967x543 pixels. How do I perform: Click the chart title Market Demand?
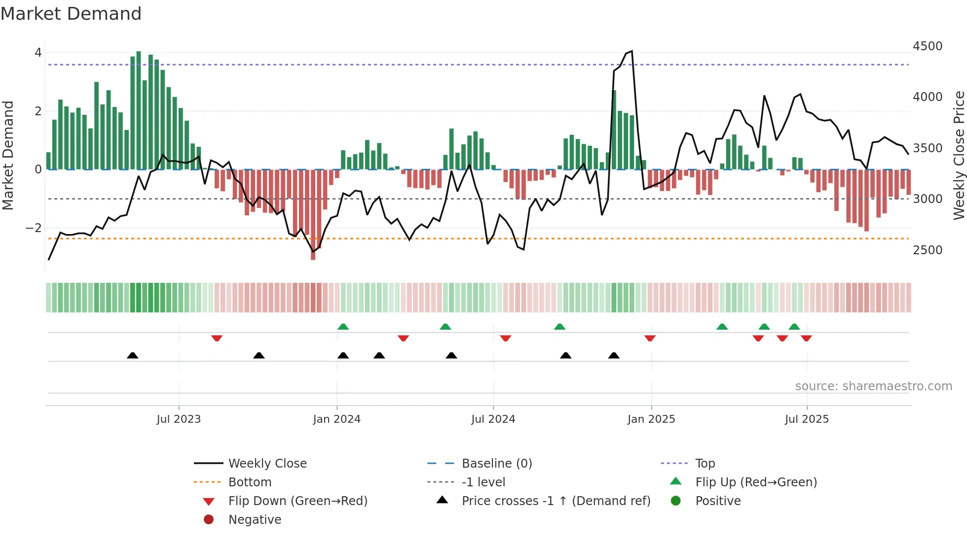pyautogui.click(x=71, y=14)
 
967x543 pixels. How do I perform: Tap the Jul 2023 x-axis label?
pyautogui.click(x=179, y=419)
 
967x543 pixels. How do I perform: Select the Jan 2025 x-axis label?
pyautogui.click(x=651, y=419)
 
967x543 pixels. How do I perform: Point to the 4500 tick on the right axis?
pyautogui.click(x=928, y=46)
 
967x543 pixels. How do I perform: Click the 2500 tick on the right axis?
pyautogui.click(x=928, y=250)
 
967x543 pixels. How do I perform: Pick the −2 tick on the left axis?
pyautogui.click(x=34, y=228)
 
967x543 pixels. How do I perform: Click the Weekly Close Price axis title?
pyautogui.click(x=959, y=155)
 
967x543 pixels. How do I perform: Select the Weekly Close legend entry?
pyautogui.click(x=267, y=464)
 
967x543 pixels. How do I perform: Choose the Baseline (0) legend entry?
pyautogui.click(x=496, y=464)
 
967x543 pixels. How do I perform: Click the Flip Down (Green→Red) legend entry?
pyautogui.click(x=298, y=501)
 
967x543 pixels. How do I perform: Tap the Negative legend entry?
pyautogui.click(x=255, y=520)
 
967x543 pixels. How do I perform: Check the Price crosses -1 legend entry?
pyautogui.click(x=556, y=501)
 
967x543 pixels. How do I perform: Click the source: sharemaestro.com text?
pyautogui.click(x=873, y=386)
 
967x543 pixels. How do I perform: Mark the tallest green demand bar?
pyautogui.click(x=139, y=109)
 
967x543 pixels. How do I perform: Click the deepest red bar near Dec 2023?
pyautogui.click(x=313, y=214)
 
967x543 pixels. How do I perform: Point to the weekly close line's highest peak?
pyautogui.click(x=632, y=51)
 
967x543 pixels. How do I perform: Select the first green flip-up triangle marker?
pyautogui.click(x=343, y=327)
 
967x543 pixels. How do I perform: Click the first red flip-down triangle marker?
pyautogui.click(x=217, y=338)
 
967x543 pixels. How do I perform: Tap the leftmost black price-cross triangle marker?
pyautogui.click(x=132, y=355)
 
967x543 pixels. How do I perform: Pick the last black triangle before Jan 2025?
pyautogui.click(x=614, y=355)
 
